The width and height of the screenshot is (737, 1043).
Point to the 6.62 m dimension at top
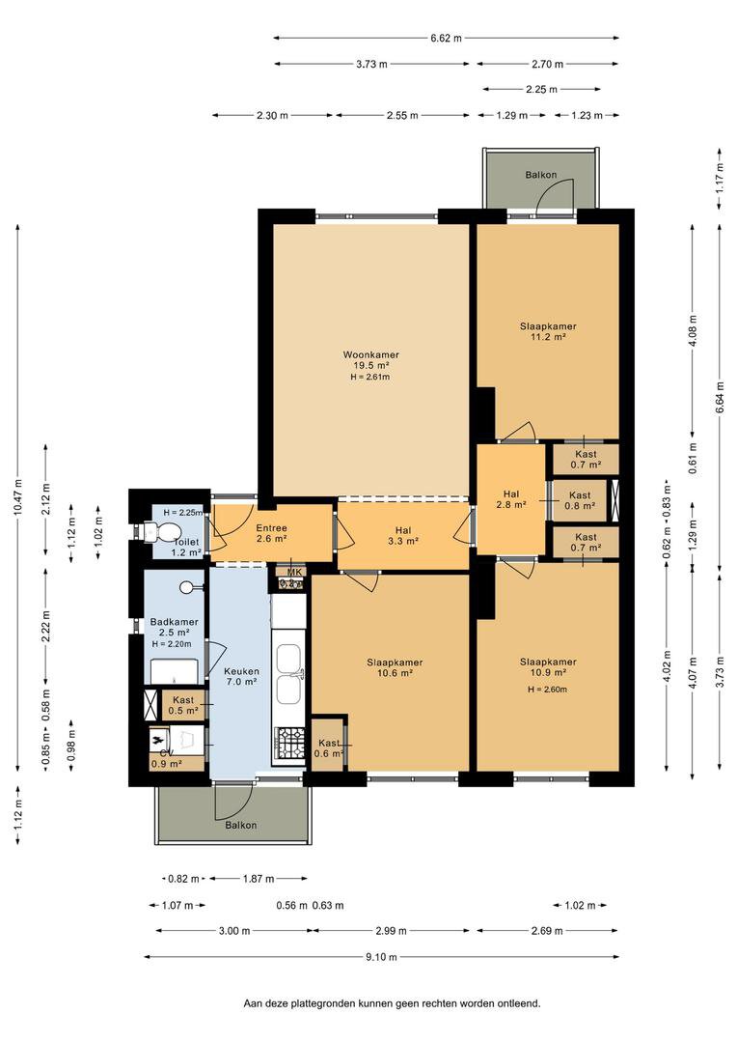point(446,38)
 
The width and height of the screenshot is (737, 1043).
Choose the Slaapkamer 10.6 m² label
point(394,667)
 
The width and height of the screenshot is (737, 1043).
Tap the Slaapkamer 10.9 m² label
point(547,667)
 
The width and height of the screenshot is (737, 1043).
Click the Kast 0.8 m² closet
point(579,499)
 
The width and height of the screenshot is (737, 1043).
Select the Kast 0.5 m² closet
point(183,704)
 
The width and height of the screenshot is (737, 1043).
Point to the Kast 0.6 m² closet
point(329,747)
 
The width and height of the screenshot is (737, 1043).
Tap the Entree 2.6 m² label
point(271,533)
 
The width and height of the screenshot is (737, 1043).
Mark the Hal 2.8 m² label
point(511,498)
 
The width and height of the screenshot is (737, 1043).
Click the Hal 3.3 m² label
point(403,535)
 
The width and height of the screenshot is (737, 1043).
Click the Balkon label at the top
point(540,175)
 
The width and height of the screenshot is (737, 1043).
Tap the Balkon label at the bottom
point(241,825)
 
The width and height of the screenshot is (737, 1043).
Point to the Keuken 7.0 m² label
point(240,675)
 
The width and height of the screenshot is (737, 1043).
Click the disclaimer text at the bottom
point(392,1003)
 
